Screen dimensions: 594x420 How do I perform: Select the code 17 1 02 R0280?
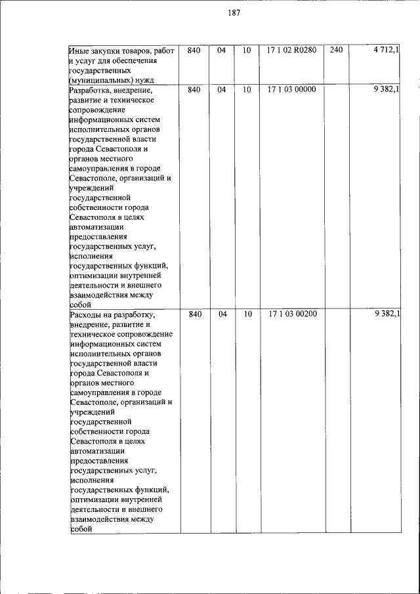coord(292,51)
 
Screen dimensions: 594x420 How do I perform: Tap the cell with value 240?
coord(336,51)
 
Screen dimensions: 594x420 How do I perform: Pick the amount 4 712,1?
coord(386,51)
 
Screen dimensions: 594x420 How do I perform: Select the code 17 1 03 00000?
coord(292,89)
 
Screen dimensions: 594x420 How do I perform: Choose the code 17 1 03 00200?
coord(292,314)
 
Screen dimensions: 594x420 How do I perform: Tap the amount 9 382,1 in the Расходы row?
coord(386,314)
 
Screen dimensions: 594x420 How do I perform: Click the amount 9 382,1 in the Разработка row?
coord(386,89)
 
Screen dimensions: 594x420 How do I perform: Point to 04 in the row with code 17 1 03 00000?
coord(222,89)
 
